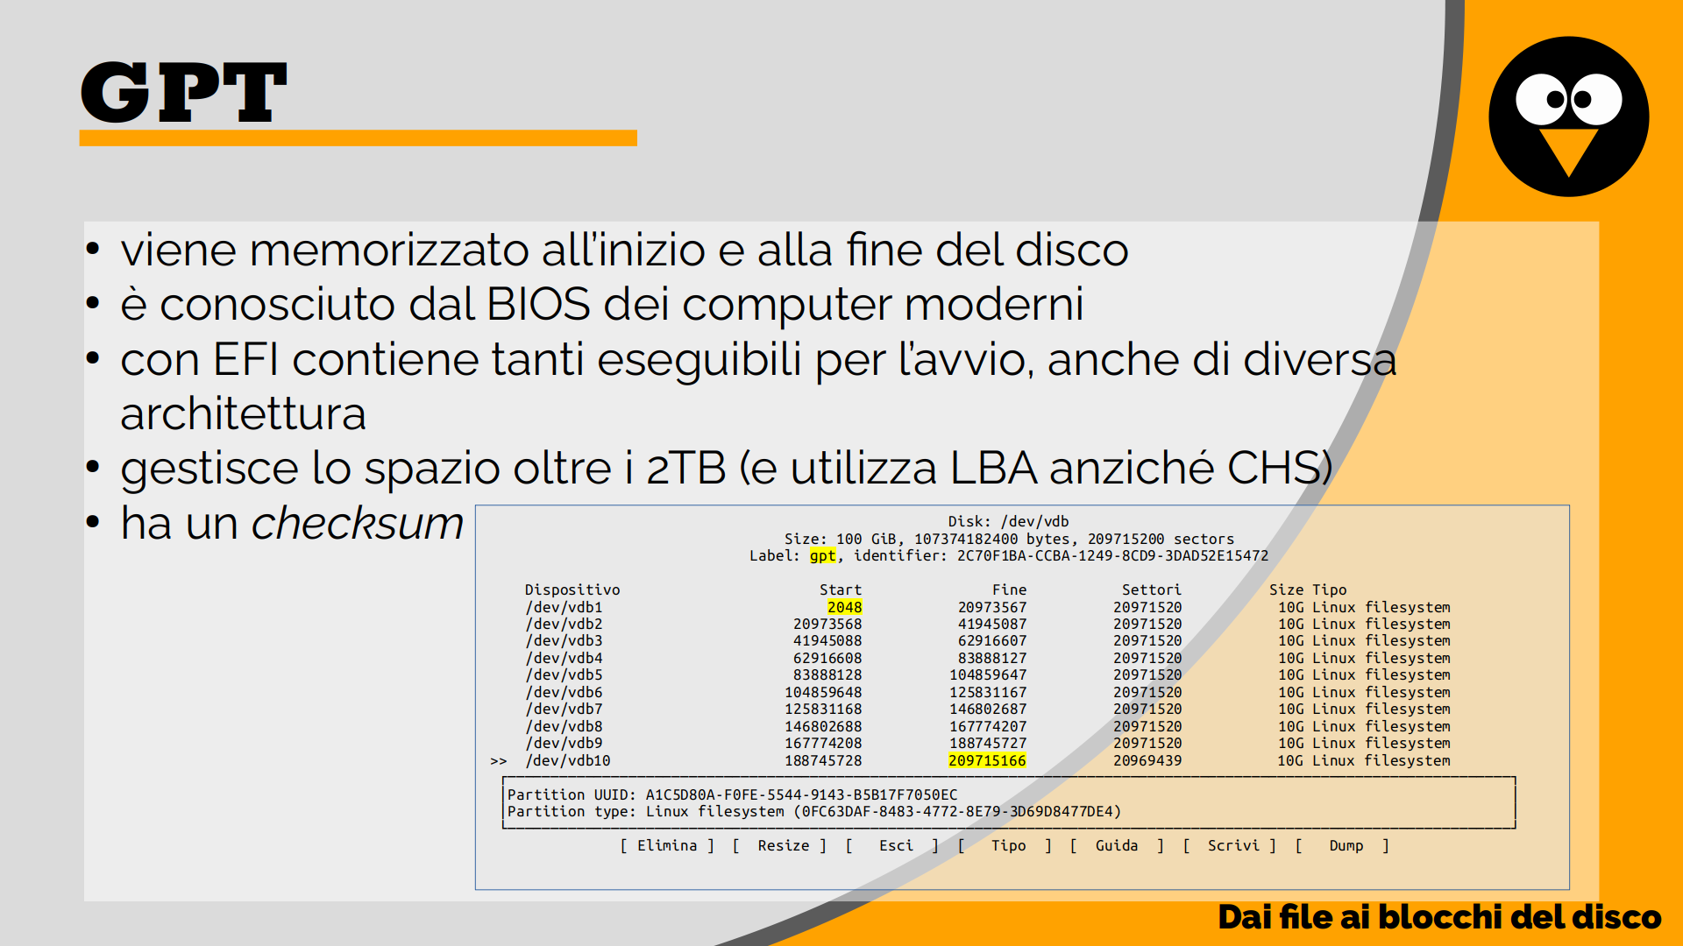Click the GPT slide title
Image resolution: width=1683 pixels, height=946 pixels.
[183, 92]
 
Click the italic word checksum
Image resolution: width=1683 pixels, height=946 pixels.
[358, 523]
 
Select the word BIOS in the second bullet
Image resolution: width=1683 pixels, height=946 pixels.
[538, 304]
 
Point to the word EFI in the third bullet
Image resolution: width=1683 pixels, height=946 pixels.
[245, 359]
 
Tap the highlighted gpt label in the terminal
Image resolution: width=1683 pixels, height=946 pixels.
[822, 556]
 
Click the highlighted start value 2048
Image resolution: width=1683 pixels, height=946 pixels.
[844, 607]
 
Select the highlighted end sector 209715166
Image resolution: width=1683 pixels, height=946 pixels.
[987, 760]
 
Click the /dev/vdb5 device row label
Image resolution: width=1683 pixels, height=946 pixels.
[564, 675]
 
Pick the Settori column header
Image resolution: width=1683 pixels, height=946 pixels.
[1151, 590]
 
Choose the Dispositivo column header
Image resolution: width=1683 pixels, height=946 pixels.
[572, 590]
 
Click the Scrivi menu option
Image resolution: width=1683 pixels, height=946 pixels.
[1232, 845]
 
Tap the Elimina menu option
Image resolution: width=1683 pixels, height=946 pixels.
[667, 845]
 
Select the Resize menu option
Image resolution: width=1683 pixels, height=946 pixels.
[784, 845]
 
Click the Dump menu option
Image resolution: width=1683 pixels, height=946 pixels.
[1346, 845]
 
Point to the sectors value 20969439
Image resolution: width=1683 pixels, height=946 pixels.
[1147, 760]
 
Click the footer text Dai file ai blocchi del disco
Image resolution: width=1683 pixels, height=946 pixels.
[1439, 917]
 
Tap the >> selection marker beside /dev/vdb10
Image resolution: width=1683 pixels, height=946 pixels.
[499, 761]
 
